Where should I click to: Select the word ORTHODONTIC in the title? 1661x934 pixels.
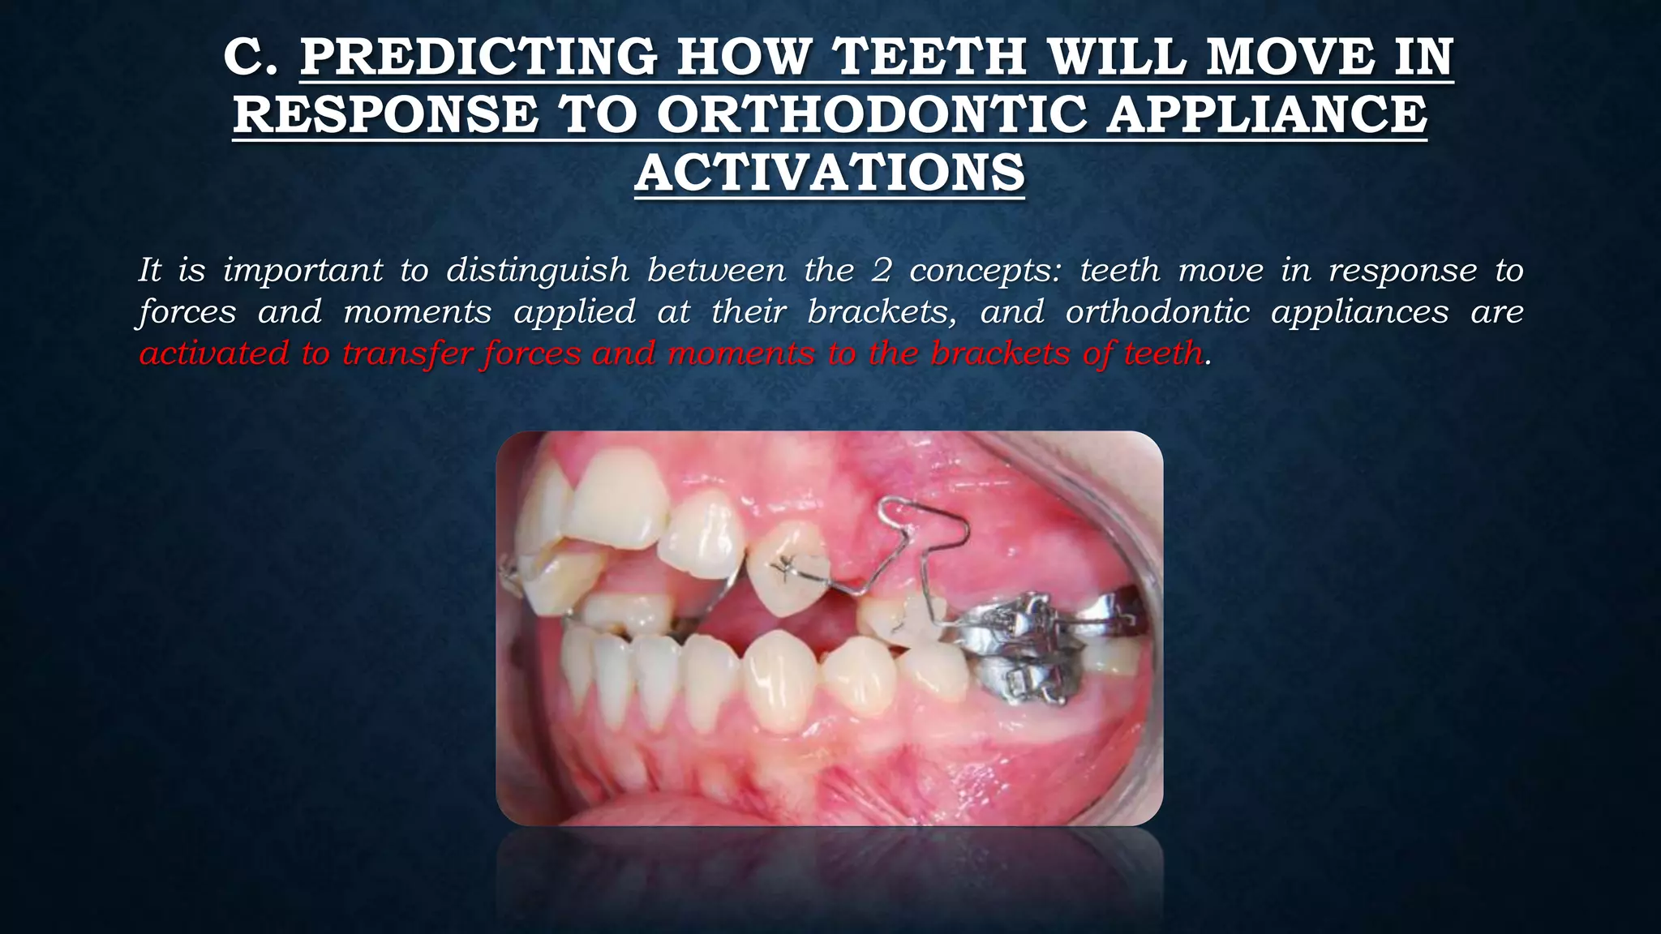(x=872, y=115)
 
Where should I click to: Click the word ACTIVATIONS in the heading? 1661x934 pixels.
(x=830, y=173)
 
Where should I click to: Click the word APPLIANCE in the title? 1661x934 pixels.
(x=1266, y=115)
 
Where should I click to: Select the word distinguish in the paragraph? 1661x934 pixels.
(x=537, y=270)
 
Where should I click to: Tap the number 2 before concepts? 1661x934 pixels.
(x=882, y=270)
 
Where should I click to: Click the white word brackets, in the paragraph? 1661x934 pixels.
(x=882, y=312)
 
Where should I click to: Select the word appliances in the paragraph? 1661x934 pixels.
(x=1359, y=312)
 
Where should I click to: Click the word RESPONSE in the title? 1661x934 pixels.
(x=385, y=115)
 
